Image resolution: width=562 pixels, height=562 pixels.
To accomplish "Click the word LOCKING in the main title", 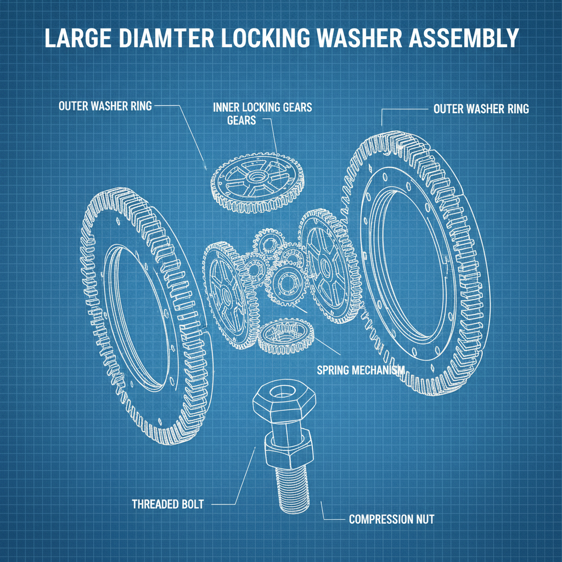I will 259,38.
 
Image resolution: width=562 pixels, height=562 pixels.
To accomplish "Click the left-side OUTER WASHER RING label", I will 105,105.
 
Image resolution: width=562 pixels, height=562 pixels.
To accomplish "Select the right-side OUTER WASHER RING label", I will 481,109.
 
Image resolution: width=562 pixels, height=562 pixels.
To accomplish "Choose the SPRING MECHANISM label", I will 361,370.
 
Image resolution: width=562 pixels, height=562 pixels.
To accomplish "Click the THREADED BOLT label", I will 168,504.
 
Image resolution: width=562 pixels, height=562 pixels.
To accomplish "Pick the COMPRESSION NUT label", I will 391,519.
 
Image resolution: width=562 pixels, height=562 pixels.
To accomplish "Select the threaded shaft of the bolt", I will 290,488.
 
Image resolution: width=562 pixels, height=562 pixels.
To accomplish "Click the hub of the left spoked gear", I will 226,294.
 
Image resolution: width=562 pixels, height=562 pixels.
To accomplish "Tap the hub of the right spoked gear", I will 325,269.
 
